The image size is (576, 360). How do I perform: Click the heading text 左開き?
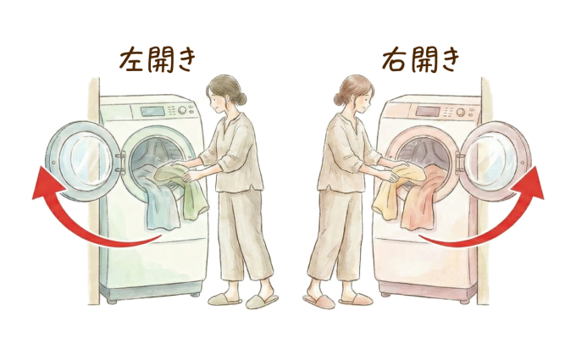coord(157,60)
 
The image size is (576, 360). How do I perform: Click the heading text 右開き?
coord(421,60)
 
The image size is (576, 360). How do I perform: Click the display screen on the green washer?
coord(152,111)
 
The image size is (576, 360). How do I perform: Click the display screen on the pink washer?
coord(429,112)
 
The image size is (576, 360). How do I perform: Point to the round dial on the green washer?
coord(182,110)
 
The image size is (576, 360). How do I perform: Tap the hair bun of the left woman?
coord(241,98)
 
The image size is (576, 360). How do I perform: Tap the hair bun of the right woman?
coord(339,99)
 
